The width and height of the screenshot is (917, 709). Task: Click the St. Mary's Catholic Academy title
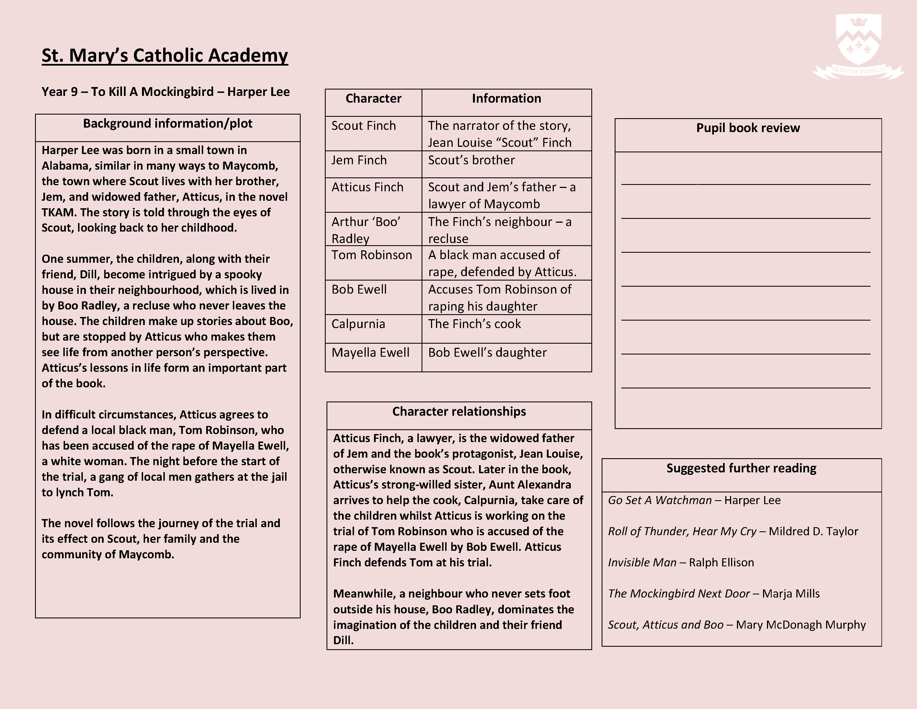[x=165, y=55]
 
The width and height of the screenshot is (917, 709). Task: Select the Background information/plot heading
[x=168, y=123]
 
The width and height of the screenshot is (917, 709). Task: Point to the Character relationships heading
[x=459, y=411]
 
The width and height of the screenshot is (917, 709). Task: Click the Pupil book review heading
[x=748, y=128]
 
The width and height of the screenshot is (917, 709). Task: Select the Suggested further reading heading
[x=741, y=468]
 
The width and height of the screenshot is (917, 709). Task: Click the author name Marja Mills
[x=791, y=594]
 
